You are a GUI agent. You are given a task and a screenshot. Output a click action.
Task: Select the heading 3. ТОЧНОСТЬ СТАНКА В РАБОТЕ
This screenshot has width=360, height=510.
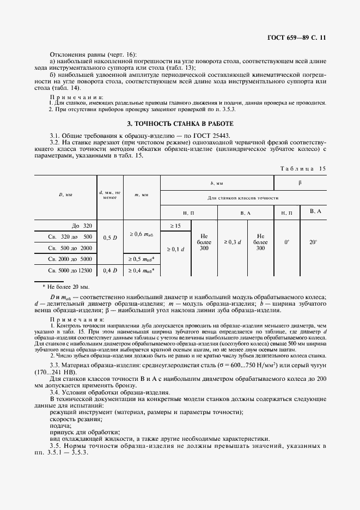(x=180, y=124)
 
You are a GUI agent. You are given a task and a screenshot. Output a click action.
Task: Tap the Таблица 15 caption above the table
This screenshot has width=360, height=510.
(x=302, y=168)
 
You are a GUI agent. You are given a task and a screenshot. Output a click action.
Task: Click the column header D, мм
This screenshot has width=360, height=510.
(x=65, y=193)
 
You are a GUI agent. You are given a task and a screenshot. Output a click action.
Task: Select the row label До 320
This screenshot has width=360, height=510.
(x=82, y=225)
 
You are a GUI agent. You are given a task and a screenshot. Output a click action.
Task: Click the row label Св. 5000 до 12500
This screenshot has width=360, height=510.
(x=70, y=270)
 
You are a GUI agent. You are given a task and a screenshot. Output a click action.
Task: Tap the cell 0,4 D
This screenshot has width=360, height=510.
(x=110, y=270)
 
